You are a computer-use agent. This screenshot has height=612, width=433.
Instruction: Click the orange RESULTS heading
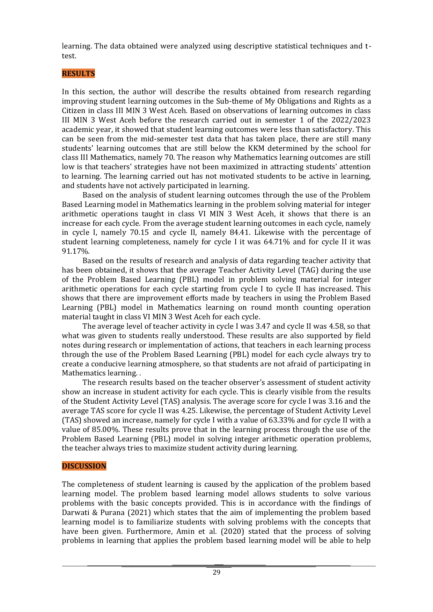(78, 73)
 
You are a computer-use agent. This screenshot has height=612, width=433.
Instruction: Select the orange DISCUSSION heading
(84, 466)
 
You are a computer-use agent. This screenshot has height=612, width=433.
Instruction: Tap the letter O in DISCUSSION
(97, 466)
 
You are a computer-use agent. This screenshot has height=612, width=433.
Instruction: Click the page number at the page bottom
(216, 572)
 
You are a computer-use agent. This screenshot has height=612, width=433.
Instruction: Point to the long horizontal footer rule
(219, 565)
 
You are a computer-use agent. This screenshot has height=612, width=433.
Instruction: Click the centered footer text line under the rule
(219, 568)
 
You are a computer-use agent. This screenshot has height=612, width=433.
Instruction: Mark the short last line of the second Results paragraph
(75, 250)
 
